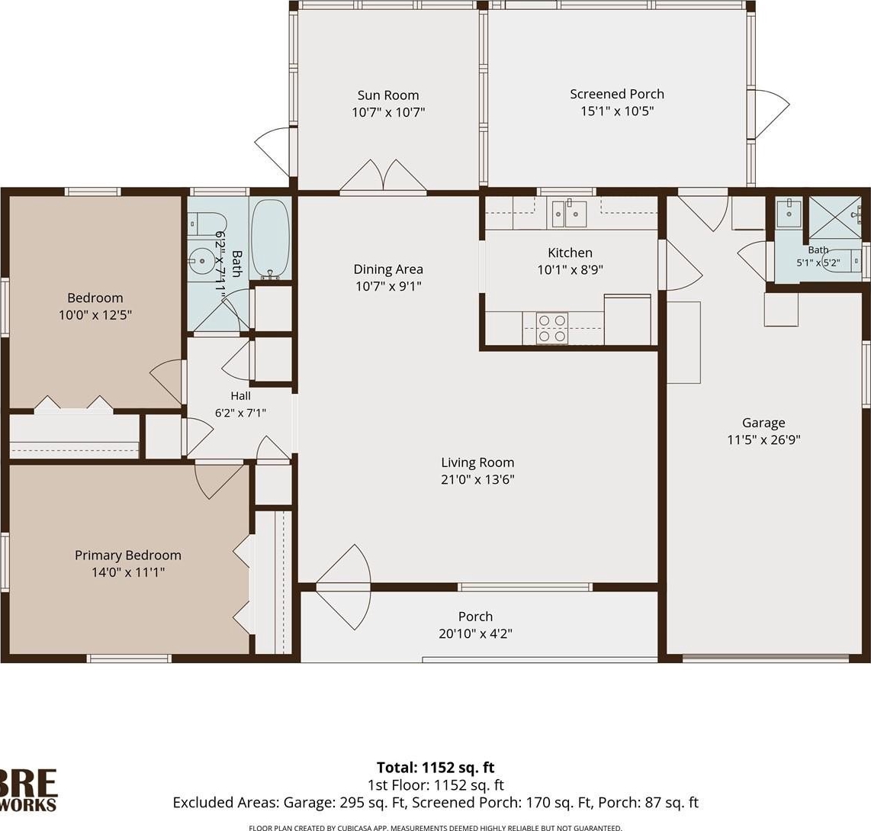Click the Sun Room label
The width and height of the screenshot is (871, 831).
click(387, 95)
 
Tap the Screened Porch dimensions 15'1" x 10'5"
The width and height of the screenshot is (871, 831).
click(616, 111)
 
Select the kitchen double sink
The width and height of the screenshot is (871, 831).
click(569, 214)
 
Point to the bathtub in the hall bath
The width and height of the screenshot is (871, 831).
click(270, 239)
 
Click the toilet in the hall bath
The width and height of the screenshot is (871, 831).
click(199, 224)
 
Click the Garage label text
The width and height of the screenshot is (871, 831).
click(763, 423)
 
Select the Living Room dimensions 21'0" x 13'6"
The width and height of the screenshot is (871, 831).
click(477, 479)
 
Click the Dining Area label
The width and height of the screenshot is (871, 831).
click(388, 269)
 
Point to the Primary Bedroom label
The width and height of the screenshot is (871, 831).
click(128, 556)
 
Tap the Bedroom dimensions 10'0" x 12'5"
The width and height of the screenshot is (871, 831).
click(95, 315)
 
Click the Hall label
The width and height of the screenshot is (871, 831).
click(240, 396)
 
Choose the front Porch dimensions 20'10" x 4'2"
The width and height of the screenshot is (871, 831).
click(475, 633)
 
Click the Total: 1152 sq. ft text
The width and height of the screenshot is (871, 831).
click(435, 768)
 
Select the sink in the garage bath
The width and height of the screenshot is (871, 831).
click(789, 212)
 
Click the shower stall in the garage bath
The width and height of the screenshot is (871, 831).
click(836, 217)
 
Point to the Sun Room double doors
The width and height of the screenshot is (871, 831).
click(384, 175)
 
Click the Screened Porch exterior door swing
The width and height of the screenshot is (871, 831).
click(770, 114)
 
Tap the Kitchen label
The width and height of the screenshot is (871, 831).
click(570, 253)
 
